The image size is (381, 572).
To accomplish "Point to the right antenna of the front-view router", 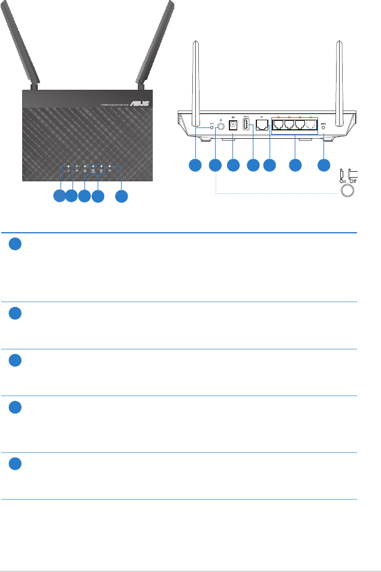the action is coord(156,42).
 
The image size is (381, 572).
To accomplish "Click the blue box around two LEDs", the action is coord(98,169).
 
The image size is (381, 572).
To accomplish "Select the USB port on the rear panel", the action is coord(247,124).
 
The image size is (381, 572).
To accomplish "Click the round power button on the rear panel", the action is coord(222,126).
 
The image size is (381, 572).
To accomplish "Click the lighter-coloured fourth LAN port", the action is coord(310,125).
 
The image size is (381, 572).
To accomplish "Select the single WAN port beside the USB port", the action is coord(262,125).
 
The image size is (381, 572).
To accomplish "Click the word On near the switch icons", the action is coord(343,180).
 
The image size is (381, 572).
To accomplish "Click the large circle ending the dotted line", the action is coord(346,191).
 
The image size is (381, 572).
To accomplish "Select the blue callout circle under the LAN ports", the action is coord(295,165).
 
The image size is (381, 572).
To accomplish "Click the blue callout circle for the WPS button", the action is coord(324,165).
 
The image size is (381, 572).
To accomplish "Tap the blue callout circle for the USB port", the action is coord(253,165).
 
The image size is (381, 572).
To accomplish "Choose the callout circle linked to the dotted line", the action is coord(214,165).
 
